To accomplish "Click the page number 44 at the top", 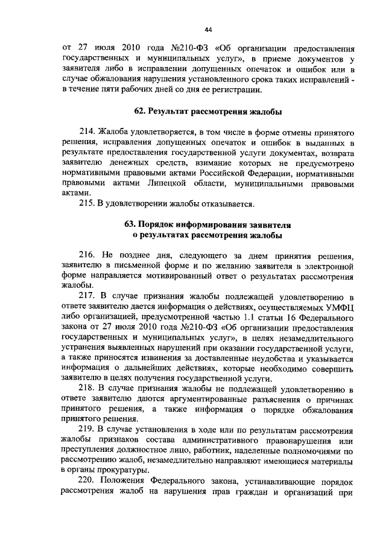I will [x=209, y=29].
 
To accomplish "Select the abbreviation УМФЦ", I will [x=338, y=307].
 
